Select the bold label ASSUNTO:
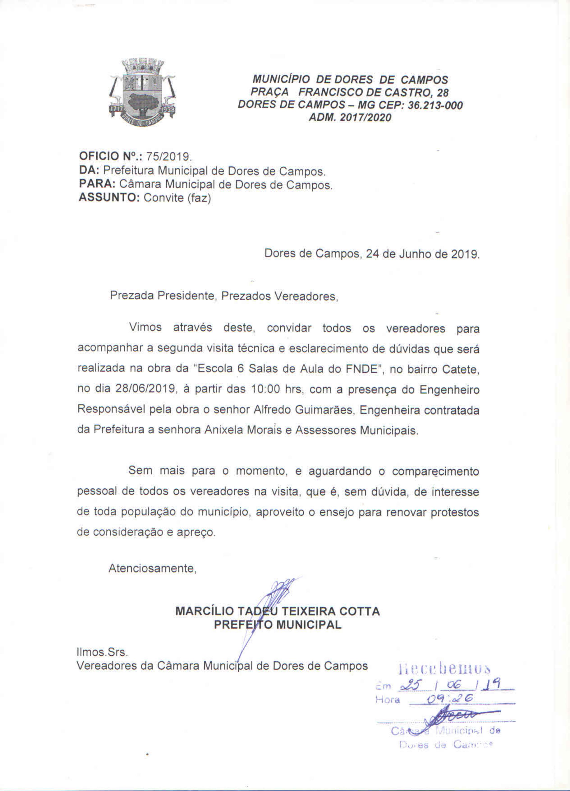coord(109,198)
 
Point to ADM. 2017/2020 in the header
coord(350,118)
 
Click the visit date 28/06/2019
coord(145,389)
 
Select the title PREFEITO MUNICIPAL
coord(278,625)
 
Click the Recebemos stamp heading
coord(444,669)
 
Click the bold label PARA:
coord(97,184)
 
